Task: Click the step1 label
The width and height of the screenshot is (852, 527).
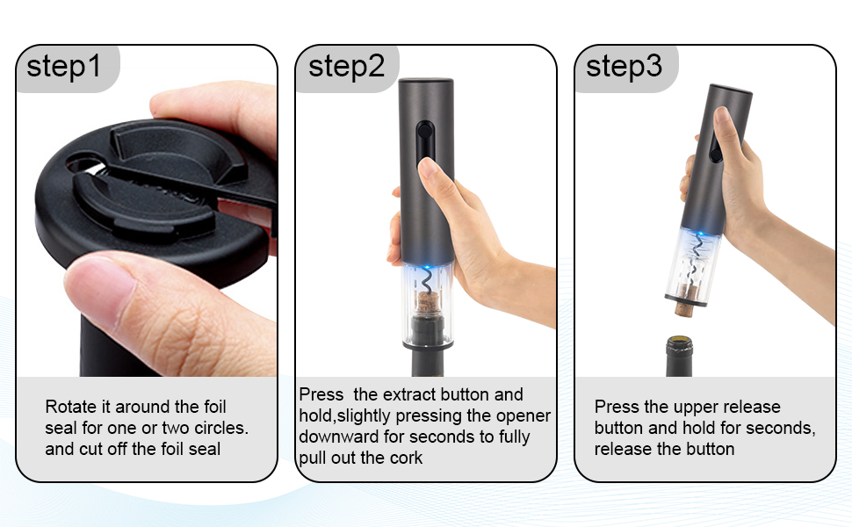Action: pyautogui.click(x=64, y=67)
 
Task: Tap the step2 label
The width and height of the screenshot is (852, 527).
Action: pyautogui.click(x=346, y=67)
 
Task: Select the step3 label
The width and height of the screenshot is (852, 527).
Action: pyautogui.click(x=624, y=67)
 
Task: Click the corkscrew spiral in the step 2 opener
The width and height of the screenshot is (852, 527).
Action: pyautogui.click(x=426, y=283)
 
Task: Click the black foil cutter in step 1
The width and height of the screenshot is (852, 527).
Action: pyautogui.click(x=149, y=184)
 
